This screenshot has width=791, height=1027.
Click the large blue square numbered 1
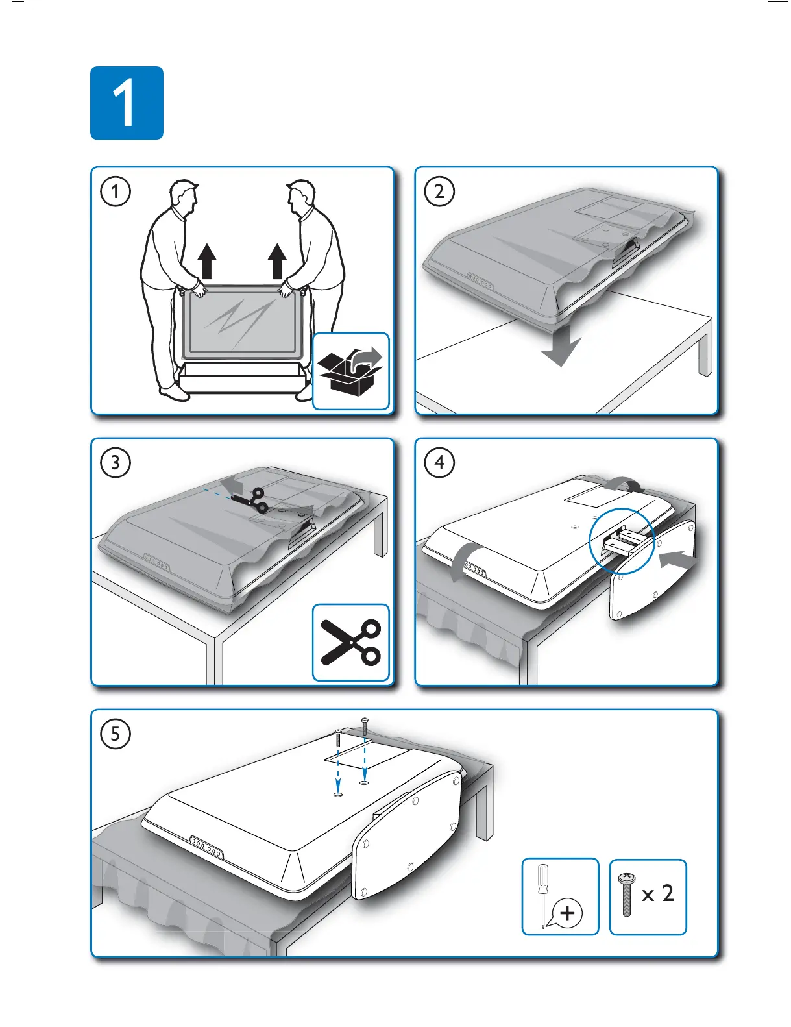pos(127,103)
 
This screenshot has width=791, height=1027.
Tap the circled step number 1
pos(116,192)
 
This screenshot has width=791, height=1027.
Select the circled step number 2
pos(439,192)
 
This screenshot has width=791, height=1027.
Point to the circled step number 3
pos(116,463)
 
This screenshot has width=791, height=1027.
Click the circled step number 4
pos(439,463)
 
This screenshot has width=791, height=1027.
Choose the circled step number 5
pos(116,734)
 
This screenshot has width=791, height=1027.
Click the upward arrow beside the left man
pos(207,261)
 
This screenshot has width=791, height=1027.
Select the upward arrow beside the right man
pos(278,261)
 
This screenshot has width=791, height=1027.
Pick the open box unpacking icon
pos(351,371)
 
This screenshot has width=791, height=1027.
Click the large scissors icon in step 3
pos(351,642)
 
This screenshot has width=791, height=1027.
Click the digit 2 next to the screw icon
pos(668,894)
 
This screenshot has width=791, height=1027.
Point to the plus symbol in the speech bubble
pos(568,913)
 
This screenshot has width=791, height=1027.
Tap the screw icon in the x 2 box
pos(627,895)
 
